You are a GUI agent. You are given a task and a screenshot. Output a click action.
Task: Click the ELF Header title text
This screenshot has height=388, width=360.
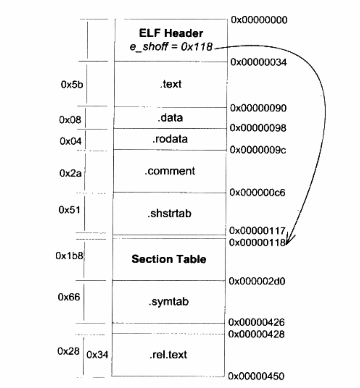(x=171, y=33)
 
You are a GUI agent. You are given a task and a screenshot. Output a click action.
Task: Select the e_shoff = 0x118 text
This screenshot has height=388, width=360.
(x=171, y=47)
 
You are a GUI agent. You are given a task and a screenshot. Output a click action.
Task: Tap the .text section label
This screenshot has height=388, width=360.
(x=171, y=84)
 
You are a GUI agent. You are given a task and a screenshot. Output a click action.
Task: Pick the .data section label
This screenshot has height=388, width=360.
(x=170, y=118)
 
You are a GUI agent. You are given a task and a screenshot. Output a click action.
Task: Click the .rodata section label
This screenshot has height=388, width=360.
(x=170, y=139)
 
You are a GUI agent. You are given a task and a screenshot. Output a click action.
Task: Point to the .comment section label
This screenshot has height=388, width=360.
(x=170, y=171)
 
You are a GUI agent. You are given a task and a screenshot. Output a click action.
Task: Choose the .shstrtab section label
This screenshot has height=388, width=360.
(x=169, y=213)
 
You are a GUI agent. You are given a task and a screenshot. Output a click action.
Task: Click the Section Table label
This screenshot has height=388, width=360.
(x=169, y=259)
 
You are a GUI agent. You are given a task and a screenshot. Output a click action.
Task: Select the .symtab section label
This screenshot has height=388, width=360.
(x=169, y=301)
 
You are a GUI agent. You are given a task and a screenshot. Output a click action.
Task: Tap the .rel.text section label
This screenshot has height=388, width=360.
(x=168, y=354)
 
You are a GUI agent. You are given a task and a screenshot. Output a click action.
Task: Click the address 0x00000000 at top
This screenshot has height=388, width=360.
(x=259, y=20)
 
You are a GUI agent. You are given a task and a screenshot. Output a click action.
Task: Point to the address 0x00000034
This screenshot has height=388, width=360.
(x=259, y=62)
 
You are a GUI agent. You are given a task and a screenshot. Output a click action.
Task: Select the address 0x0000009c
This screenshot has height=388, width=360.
(x=258, y=150)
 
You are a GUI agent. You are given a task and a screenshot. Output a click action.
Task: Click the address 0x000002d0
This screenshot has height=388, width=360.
(x=257, y=281)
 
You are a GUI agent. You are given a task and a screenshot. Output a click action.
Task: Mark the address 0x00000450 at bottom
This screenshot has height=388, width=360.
(x=256, y=376)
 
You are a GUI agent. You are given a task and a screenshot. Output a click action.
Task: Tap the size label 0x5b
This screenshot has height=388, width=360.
(x=72, y=84)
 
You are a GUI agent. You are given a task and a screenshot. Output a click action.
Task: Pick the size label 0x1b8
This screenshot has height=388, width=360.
(x=69, y=256)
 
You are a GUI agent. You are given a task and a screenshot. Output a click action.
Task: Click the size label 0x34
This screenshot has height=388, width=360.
(x=97, y=355)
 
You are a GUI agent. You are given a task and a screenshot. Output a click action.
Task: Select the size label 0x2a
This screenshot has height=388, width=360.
(x=70, y=173)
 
